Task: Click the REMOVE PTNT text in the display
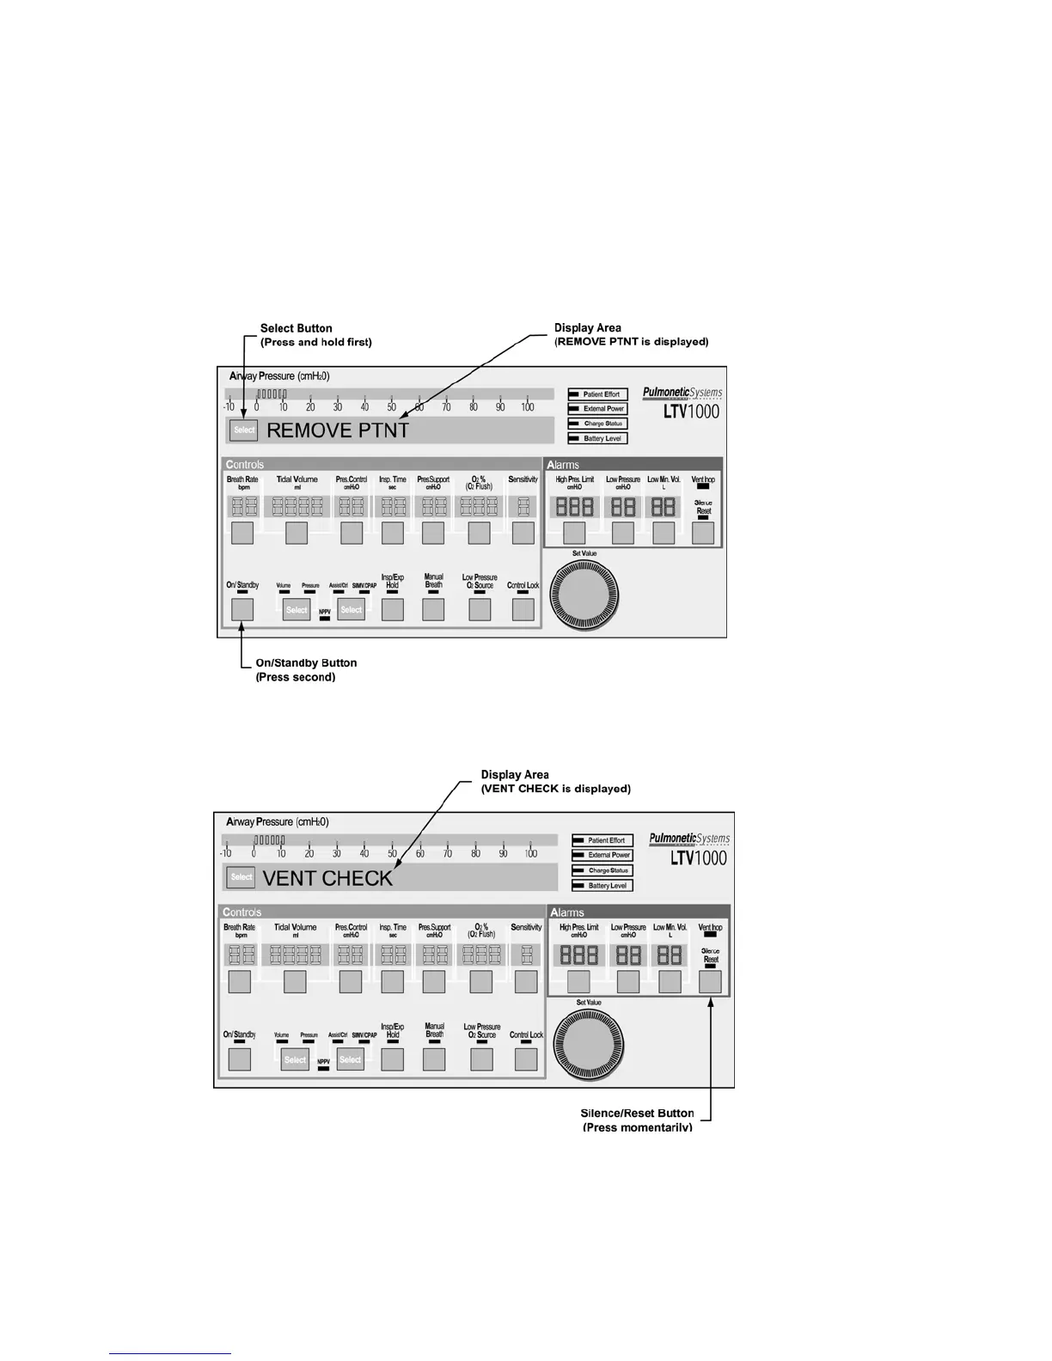338,430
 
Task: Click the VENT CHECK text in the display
327,878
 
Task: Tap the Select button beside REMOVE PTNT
244,430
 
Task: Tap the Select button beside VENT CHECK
241,877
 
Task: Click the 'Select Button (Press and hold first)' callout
315,335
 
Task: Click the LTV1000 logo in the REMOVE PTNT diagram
692,411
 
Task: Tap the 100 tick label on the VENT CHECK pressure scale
531,853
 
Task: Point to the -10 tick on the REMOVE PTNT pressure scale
229,407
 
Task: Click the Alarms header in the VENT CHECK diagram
566,912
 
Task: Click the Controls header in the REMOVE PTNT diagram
245,465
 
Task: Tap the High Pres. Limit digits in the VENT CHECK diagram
578,955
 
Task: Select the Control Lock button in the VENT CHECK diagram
526,1059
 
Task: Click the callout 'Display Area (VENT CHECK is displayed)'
555,782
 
